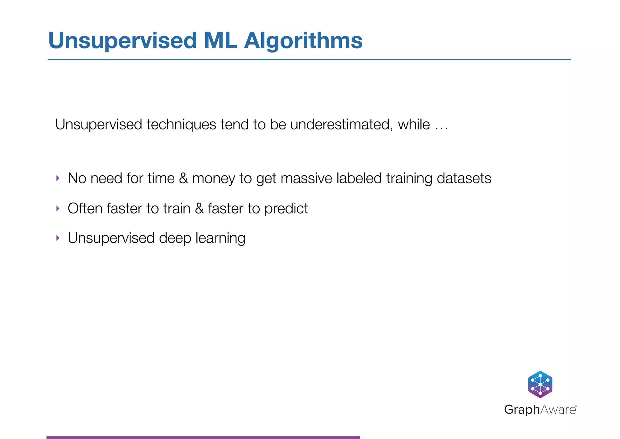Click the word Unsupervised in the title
pyautogui.click(x=122, y=41)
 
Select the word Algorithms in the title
pyautogui.click(x=303, y=41)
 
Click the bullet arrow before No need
pyautogui.click(x=58, y=178)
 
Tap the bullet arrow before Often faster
pyautogui.click(x=58, y=209)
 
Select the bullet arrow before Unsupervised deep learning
pyautogui.click(x=58, y=238)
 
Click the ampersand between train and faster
pyautogui.click(x=199, y=209)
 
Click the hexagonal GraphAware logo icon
pyautogui.click(x=540, y=384)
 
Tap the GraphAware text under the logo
pyautogui.click(x=540, y=410)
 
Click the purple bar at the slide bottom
pyautogui.click(x=203, y=437)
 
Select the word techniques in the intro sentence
pyautogui.click(x=181, y=125)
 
